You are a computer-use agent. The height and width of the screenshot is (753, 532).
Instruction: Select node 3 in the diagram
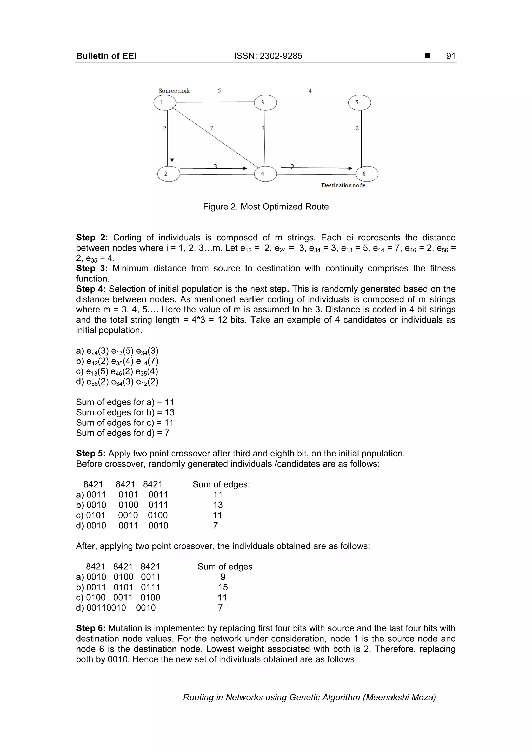265,103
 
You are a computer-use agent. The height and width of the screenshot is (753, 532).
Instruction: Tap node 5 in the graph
360,103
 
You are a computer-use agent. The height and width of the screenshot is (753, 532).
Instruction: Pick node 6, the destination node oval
367,174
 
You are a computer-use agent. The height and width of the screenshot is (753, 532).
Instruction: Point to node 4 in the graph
265,174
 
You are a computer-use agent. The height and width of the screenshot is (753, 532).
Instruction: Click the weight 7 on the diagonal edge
212,128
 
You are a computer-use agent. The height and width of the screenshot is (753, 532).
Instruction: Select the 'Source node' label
174,91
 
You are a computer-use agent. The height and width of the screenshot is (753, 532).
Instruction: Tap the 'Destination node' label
343,185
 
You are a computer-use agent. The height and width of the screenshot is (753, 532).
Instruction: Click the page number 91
451,56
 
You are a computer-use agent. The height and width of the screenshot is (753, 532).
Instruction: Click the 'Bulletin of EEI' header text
106,56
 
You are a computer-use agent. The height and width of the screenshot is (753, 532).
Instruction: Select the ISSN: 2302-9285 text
268,56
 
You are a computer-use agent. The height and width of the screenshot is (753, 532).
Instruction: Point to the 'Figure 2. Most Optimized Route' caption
265,207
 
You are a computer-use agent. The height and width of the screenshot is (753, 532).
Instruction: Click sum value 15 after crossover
223,587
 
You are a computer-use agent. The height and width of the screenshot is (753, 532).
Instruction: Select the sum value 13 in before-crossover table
218,505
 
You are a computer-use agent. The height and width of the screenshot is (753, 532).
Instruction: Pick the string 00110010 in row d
106,608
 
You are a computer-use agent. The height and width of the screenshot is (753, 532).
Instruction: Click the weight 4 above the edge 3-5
310,91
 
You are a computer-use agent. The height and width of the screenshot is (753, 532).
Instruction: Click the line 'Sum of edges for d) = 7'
123,433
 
